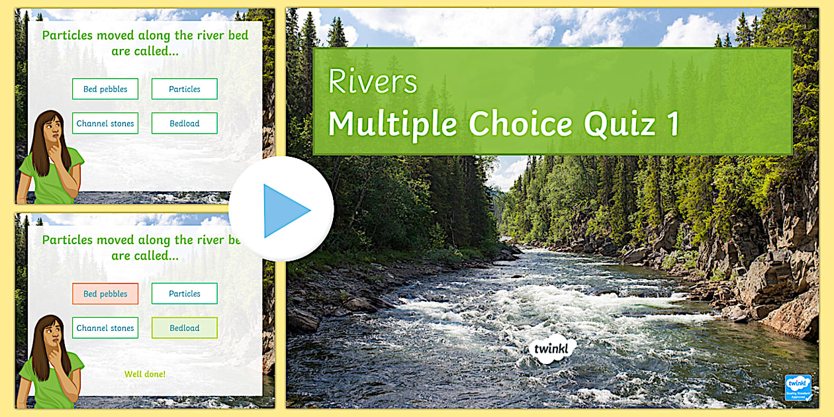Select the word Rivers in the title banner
(373, 82)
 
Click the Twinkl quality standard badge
(798, 387)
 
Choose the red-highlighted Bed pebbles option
(105, 294)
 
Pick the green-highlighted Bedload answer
(184, 328)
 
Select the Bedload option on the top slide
(184, 124)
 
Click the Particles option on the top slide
(184, 89)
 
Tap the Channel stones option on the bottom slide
(105, 328)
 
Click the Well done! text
(145, 375)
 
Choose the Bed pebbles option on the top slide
(105, 89)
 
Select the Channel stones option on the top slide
(105, 124)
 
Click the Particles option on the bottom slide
(184, 294)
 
